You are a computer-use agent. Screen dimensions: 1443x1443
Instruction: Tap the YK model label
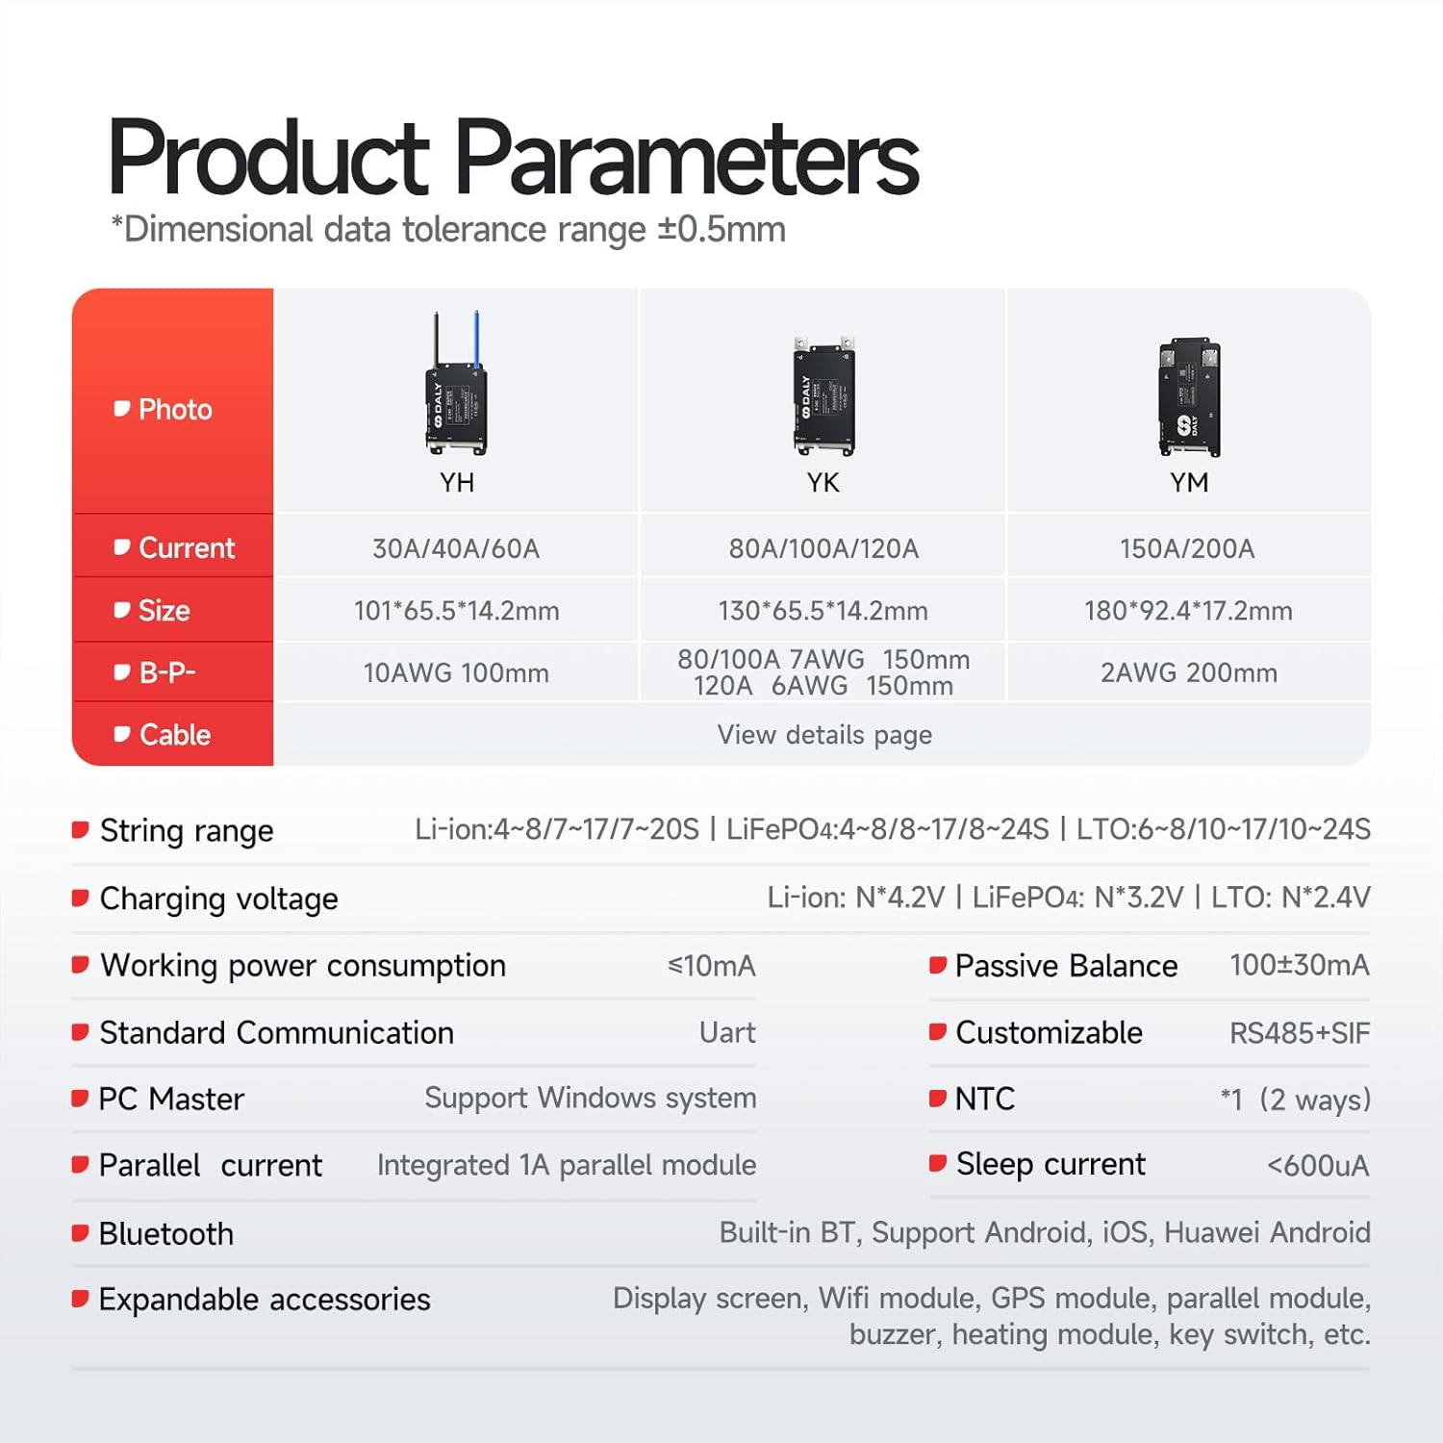(x=823, y=482)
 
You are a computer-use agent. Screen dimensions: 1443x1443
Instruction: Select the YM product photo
(x=1189, y=396)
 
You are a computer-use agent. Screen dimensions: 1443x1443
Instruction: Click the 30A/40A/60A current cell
(x=456, y=548)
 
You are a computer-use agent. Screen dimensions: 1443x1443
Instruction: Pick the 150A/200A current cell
(x=1187, y=548)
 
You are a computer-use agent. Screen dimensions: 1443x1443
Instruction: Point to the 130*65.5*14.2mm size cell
(x=823, y=611)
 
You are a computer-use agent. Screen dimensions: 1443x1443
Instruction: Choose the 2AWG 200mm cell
(x=1189, y=672)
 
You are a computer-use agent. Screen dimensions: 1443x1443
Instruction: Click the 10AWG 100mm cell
(x=456, y=672)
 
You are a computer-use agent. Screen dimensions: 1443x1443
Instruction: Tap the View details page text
(x=824, y=735)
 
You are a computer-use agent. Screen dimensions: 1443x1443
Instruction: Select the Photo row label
(x=174, y=410)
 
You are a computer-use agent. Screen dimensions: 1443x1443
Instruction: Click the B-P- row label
(x=166, y=672)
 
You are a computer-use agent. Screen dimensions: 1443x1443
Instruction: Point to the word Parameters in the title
(x=686, y=158)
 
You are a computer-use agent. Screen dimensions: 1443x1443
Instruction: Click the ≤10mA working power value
(x=712, y=966)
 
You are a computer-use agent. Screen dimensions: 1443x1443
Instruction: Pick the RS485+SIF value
(x=1300, y=1033)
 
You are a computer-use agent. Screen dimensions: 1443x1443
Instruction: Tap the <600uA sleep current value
(x=1318, y=1166)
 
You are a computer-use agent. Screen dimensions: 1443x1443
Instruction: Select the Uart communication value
(x=727, y=1033)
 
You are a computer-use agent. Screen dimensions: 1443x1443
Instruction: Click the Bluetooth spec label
(x=165, y=1233)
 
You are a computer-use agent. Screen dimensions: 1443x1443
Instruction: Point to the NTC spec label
(x=985, y=1099)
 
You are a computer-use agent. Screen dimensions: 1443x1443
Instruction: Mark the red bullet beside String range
(x=81, y=829)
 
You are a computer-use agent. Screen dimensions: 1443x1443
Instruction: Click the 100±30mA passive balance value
(x=1300, y=965)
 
